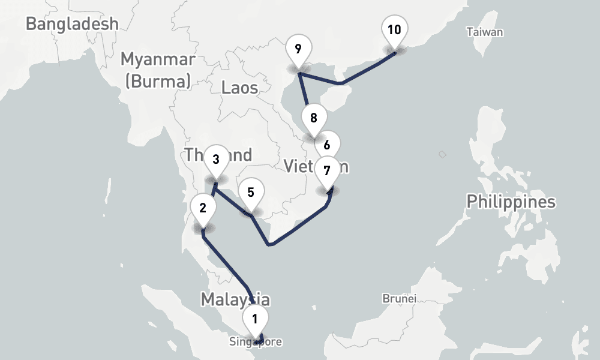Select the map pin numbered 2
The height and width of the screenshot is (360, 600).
[203, 209]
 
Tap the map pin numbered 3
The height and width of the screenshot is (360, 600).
[215, 160]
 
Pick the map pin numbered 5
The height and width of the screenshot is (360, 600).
[251, 193]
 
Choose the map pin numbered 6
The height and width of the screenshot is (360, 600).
[327, 145]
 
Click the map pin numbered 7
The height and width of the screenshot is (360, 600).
[326, 171]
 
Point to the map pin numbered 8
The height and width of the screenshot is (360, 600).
[313, 118]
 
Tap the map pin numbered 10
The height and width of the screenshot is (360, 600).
[394, 30]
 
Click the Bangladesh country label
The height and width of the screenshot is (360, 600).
[72, 24]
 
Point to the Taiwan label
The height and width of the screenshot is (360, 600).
[485, 32]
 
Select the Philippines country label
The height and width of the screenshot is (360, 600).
[511, 202]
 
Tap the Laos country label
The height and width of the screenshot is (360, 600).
[239, 88]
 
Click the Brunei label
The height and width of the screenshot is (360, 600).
[400, 298]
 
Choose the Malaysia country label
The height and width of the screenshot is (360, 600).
[235, 299]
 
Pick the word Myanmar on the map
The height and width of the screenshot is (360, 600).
[158, 59]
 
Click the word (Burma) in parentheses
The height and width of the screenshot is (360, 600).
[158, 80]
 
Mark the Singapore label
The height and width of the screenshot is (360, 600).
[254, 343]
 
